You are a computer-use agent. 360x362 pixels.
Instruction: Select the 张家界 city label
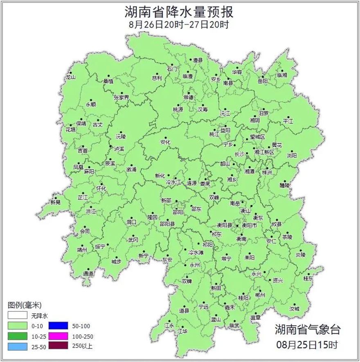(121, 97)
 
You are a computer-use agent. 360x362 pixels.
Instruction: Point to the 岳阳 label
(262, 81)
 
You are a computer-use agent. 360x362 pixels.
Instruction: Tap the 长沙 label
(239, 154)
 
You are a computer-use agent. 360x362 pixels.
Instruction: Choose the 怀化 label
(101, 188)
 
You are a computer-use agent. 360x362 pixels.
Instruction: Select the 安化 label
(164, 142)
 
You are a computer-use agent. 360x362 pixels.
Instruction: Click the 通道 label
(88, 273)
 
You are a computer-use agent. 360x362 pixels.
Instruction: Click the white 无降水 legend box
(17, 316)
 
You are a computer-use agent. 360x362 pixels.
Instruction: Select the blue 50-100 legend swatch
(57, 326)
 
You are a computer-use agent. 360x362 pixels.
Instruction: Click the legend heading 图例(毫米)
(25, 305)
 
